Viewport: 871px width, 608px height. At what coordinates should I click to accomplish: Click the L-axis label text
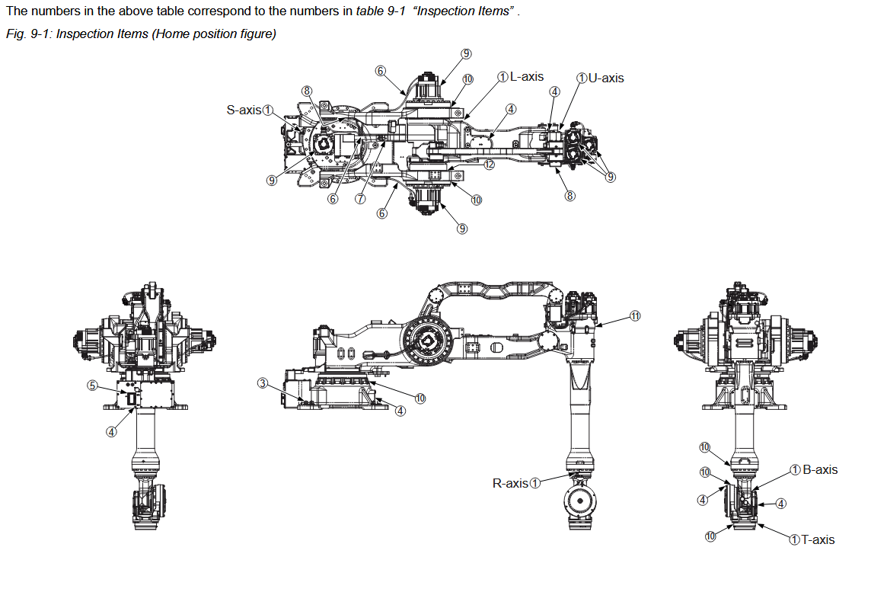click(x=527, y=77)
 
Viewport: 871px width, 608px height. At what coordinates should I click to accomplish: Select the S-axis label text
click(x=244, y=110)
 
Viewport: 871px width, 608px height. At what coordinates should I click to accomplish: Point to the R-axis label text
click(x=510, y=483)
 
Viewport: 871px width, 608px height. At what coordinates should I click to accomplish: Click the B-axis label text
click(x=820, y=469)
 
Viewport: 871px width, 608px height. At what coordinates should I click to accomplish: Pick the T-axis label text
click(x=818, y=539)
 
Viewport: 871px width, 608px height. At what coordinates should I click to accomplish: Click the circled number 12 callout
click(x=489, y=164)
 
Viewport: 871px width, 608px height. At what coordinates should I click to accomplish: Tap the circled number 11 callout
click(x=635, y=315)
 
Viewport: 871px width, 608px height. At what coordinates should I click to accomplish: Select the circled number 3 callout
click(x=263, y=382)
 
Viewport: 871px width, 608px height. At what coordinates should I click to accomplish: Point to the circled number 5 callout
click(x=92, y=386)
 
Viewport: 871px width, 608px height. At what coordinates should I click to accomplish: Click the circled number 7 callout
click(x=361, y=198)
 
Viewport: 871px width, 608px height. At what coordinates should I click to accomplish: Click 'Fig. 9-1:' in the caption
click(x=27, y=34)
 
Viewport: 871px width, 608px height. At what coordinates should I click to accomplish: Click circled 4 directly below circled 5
click(x=111, y=431)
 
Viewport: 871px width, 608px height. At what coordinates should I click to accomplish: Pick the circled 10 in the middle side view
click(x=420, y=398)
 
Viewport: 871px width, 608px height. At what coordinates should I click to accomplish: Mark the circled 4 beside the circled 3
click(x=400, y=411)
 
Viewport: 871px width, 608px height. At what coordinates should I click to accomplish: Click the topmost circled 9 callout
click(x=466, y=53)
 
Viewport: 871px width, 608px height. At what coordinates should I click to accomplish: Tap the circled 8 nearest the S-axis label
click(x=307, y=91)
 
